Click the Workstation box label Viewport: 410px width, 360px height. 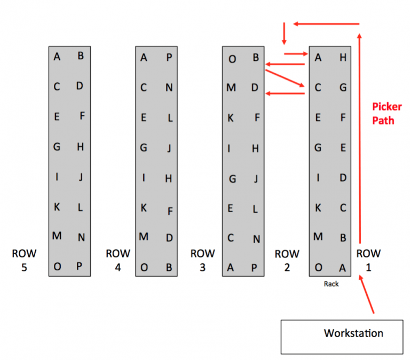coord(353,333)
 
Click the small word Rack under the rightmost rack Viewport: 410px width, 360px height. coord(331,284)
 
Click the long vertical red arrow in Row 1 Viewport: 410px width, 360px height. coord(360,139)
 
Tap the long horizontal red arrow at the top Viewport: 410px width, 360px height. coord(326,24)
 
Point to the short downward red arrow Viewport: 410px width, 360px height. coord(284,34)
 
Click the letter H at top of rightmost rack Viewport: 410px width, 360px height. coord(343,58)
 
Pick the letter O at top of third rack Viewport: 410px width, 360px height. coord(232,59)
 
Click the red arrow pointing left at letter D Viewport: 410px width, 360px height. coord(285,93)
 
